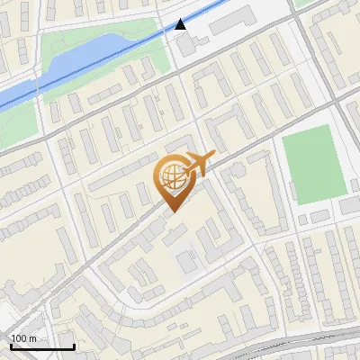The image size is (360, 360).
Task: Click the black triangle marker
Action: (x=181, y=24)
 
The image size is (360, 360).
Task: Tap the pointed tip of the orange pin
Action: (x=172, y=211)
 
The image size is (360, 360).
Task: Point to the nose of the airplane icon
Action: (x=213, y=156)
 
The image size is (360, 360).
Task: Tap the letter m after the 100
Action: (x=32, y=338)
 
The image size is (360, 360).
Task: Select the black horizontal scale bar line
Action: (x=42, y=346)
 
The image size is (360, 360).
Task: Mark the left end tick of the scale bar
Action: (x=12, y=345)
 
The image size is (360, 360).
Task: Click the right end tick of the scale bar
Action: (x=74, y=345)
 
